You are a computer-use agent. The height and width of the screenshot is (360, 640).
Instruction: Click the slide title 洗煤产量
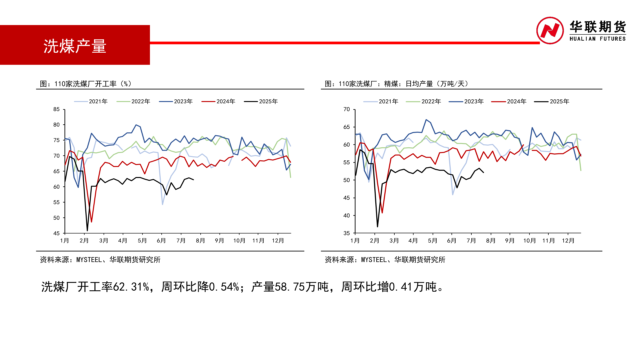point(75,46)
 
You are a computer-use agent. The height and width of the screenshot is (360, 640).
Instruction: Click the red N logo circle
point(550,31)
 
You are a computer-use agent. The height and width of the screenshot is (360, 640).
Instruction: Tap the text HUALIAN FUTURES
point(597,39)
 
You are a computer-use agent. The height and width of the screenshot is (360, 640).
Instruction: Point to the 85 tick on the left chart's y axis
point(56,109)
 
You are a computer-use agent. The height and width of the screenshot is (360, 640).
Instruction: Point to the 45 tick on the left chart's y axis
point(56,233)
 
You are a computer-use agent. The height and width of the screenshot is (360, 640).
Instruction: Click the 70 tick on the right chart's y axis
point(347,109)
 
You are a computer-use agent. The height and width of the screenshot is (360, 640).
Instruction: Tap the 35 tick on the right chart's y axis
point(347,233)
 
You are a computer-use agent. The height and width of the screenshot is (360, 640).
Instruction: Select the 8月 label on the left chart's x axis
point(200,241)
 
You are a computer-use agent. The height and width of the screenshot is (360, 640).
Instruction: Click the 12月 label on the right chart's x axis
point(568,241)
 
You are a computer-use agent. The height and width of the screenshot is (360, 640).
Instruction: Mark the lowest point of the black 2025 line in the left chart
point(87,231)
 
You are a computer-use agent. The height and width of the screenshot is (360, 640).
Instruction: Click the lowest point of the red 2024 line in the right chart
point(382,213)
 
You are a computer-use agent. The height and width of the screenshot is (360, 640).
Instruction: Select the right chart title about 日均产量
point(397,84)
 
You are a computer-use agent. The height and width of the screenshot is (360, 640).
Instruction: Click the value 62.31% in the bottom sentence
point(131,287)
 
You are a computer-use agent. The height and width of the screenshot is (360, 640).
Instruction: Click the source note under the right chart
point(385,260)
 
